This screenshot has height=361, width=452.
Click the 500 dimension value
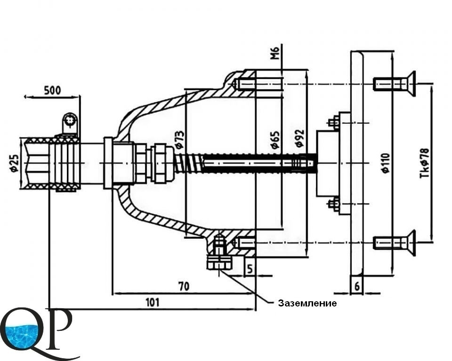pyautogui.click(x=52, y=90)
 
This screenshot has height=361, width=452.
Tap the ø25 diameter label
pyautogui.click(x=14, y=163)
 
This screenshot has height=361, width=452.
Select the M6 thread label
pyautogui.click(x=275, y=53)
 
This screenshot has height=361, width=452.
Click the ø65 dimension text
pyautogui.click(x=275, y=140)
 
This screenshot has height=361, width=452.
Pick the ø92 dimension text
pyautogui.click(x=300, y=138)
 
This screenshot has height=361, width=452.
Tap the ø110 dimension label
pyautogui.click(x=385, y=163)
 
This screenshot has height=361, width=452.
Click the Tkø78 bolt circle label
pyautogui.click(x=424, y=163)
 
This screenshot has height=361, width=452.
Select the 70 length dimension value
pyautogui.click(x=184, y=286)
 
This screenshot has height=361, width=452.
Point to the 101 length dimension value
pyautogui.click(x=152, y=302)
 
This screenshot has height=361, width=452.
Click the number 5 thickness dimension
pyautogui.click(x=250, y=269)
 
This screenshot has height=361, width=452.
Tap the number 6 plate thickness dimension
pyautogui.click(x=357, y=286)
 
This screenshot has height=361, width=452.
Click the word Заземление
pyautogui.click(x=307, y=303)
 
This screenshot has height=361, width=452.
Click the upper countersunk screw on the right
pyautogui.click(x=395, y=84)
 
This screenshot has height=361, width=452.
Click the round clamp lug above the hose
pyautogui.click(x=70, y=121)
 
